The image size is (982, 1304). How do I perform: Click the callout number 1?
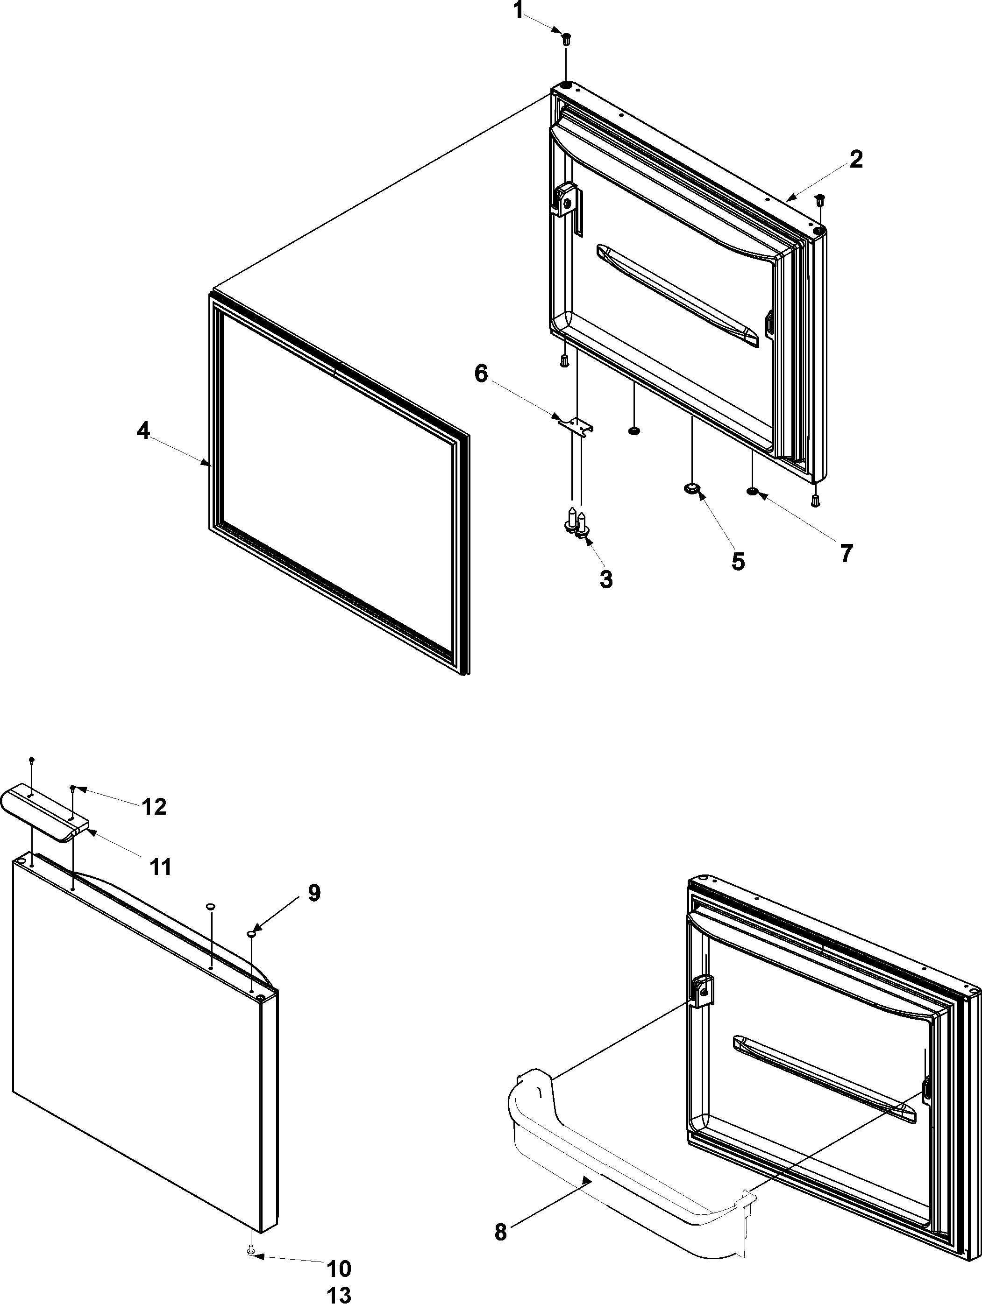tap(518, 11)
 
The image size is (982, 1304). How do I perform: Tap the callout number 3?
tap(606, 579)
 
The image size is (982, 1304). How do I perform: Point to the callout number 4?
tap(143, 431)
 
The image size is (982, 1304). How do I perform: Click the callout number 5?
tap(738, 561)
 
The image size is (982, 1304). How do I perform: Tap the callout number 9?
tap(314, 893)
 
